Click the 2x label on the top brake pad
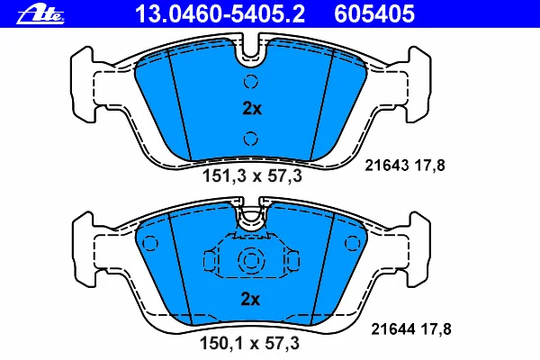pos(251,109)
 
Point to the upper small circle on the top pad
pos(251,82)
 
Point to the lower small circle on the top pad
pos(251,138)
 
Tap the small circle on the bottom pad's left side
pos(150,241)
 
